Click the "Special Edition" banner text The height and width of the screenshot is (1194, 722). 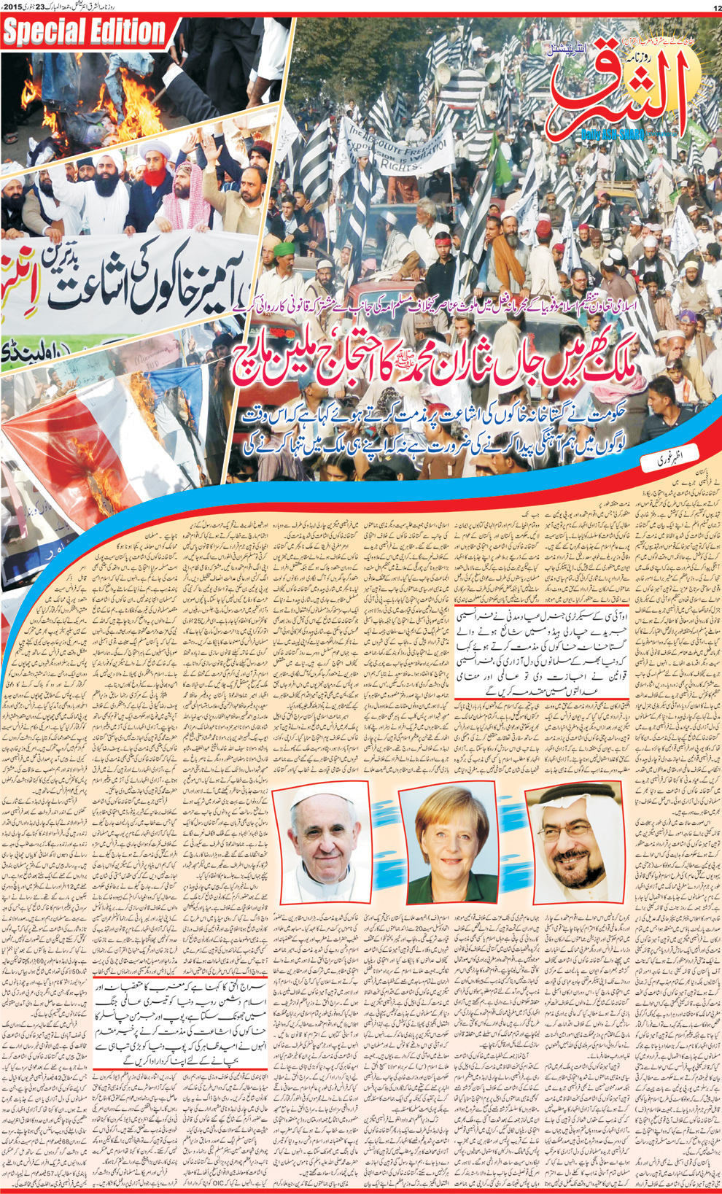(86, 31)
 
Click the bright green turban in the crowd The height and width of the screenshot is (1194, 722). (284, 248)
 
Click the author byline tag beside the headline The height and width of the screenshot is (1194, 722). (666, 460)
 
